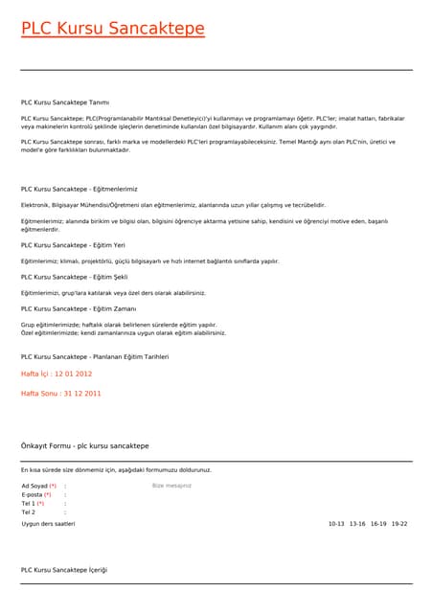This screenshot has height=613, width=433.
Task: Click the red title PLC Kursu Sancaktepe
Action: (x=113, y=29)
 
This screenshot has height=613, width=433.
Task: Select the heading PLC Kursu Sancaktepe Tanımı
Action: (x=65, y=102)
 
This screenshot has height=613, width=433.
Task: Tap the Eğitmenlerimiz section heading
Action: (x=80, y=190)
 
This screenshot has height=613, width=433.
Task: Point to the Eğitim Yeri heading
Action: (x=73, y=245)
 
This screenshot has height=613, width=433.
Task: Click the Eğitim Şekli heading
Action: (x=74, y=277)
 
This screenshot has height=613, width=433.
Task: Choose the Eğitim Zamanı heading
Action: (x=79, y=308)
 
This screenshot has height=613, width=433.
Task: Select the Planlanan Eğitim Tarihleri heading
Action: (x=95, y=356)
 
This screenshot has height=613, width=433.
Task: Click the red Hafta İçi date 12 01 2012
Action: (x=57, y=374)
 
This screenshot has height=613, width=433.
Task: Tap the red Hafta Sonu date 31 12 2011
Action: (x=61, y=394)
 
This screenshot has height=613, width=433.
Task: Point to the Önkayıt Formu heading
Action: (x=85, y=446)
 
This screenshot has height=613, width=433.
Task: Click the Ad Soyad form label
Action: (x=38, y=486)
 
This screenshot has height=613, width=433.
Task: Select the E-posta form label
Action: (x=35, y=494)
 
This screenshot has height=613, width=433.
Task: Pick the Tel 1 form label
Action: (x=33, y=503)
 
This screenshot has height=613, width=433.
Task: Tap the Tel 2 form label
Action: (x=28, y=512)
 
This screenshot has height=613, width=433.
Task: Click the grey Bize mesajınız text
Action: (x=172, y=486)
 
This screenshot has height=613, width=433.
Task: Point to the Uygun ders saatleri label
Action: (x=48, y=524)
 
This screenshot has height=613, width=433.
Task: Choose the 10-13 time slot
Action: (x=336, y=524)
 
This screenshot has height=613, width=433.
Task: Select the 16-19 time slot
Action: (x=378, y=524)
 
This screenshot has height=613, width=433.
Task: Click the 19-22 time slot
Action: (x=399, y=524)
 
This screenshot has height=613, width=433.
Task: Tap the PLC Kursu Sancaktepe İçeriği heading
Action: (x=64, y=570)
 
